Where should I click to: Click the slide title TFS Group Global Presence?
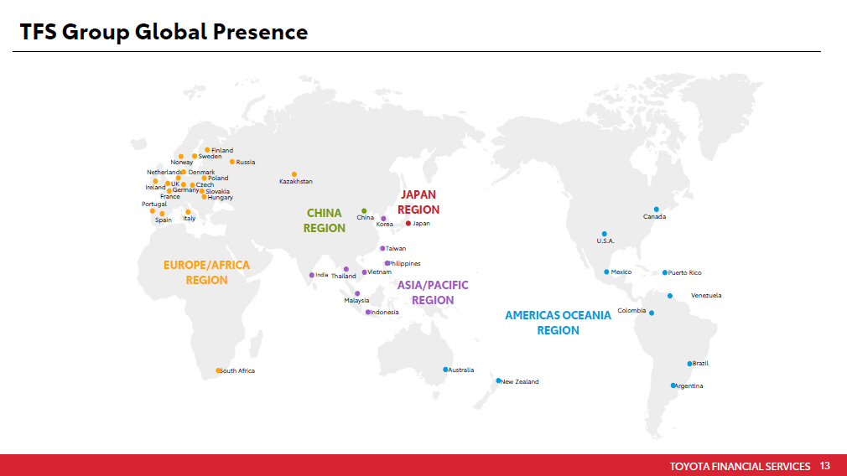(164, 32)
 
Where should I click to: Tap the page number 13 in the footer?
(824, 466)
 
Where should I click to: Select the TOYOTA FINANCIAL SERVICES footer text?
(740, 466)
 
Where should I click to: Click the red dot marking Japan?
(408, 224)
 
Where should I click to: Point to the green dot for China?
(364, 211)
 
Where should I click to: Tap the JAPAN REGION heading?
(418, 202)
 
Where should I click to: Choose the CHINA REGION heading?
(324, 220)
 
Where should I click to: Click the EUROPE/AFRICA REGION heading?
(206, 272)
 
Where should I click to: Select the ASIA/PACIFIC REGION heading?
(433, 292)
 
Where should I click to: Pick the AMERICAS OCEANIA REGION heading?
(558, 323)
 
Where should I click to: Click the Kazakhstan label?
(295, 181)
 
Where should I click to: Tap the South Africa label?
(237, 370)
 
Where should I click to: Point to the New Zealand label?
(520, 381)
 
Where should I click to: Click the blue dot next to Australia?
(445, 370)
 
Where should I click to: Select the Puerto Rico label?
(685, 273)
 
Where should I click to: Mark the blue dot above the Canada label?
(657, 210)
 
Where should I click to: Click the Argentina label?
(689, 385)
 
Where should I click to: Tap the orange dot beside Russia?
(232, 162)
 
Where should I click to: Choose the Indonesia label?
(385, 313)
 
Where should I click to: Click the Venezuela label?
(706, 295)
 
